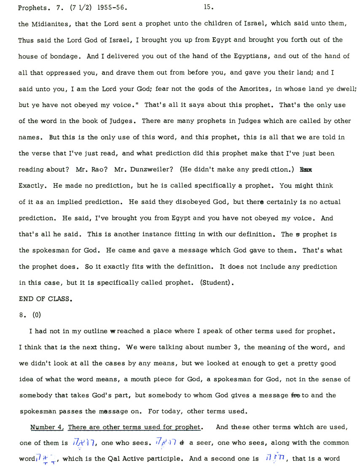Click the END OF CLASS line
(x=46, y=299)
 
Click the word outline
(x=91, y=331)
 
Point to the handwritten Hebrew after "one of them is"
(x=88, y=443)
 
